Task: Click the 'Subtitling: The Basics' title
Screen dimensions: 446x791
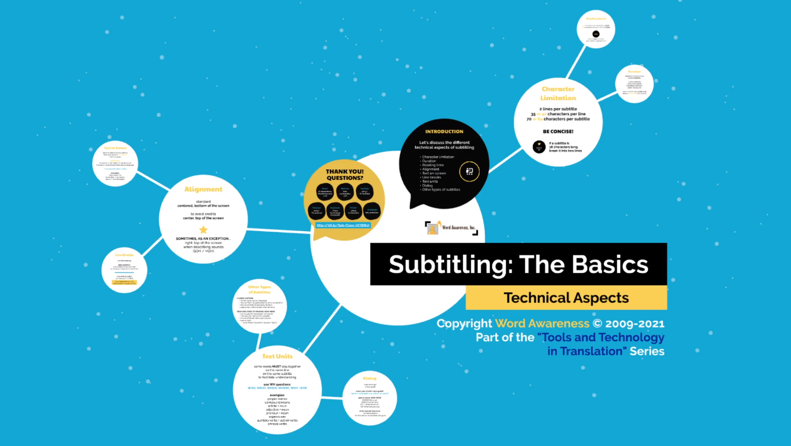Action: coord(518,264)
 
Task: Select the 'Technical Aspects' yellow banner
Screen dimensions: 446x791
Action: coord(566,298)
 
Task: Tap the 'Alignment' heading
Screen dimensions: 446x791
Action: coord(203,189)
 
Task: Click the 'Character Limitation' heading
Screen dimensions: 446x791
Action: coord(558,94)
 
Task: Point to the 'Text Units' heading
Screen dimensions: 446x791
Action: coord(277,356)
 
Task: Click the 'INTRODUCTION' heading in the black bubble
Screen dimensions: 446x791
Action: coord(444,131)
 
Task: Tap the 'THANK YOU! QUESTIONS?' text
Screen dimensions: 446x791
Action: coord(345,174)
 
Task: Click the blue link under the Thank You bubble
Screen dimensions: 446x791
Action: coord(343,225)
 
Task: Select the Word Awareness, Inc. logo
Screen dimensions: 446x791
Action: coord(451,228)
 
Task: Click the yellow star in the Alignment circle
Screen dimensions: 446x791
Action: coord(203,230)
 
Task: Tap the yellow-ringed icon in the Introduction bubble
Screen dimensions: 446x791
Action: coord(469,171)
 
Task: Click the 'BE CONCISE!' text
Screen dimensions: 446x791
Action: coord(558,131)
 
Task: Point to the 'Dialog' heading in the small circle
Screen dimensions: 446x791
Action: coord(369,378)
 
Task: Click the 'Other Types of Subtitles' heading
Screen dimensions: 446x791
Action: coord(259,289)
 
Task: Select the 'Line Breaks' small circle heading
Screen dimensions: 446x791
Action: coord(124,255)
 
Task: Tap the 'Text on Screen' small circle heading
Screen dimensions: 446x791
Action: coord(115,148)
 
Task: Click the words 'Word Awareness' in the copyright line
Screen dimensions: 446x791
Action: coord(542,324)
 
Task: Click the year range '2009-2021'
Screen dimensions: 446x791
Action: coord(634,324)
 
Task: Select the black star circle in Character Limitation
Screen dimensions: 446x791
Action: coord(539,147)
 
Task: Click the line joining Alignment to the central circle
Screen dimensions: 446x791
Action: coord(279,231)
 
